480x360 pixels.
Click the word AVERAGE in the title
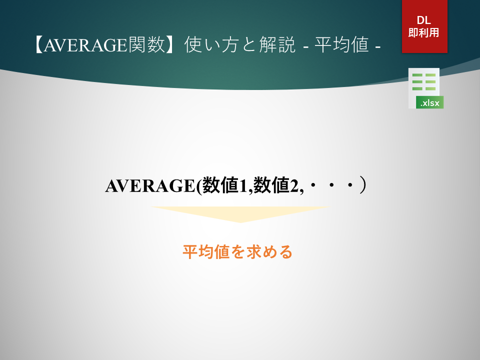pos(85,45)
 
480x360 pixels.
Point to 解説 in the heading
pos(277,44)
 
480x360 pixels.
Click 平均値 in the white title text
pos(341,44)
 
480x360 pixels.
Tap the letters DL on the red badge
pos(424,20)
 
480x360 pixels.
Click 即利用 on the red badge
pos(424,32)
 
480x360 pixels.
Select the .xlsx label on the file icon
pos(430,103)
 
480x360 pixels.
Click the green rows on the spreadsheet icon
pos(424,81)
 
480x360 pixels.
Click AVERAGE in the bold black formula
pos(150,186)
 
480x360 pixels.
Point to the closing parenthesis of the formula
pos(362,185)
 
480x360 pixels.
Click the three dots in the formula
pos(331,185)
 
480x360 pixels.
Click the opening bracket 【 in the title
pos(38,45)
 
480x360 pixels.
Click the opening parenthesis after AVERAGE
pos(198,186)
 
